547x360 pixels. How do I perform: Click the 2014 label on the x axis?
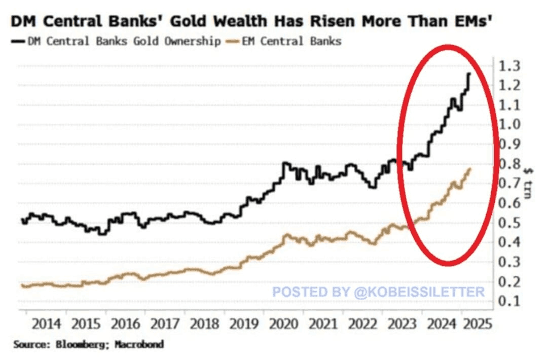[47, 324]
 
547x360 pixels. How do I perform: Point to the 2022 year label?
[362, 324]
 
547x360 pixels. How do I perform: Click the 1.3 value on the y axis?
[508, 66]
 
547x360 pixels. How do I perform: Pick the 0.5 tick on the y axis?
[508, 223]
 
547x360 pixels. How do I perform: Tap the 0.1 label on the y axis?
[508, 301]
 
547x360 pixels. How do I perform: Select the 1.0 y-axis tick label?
[508, 125]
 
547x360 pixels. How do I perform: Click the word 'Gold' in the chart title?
[191, 22]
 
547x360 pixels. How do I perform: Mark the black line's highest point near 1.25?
[469, 74]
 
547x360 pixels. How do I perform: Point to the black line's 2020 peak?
[285, 163]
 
